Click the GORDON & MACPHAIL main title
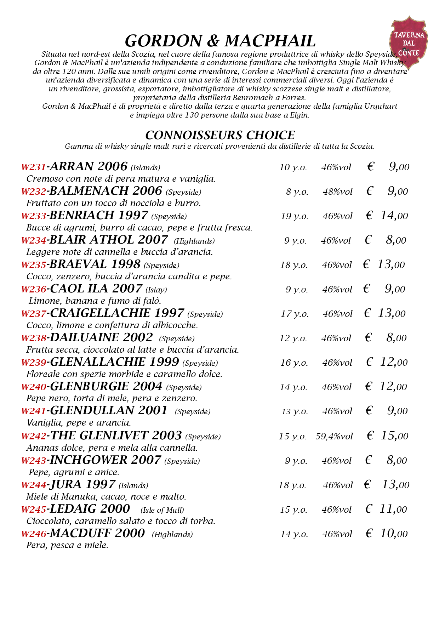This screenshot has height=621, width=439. coord(220,41)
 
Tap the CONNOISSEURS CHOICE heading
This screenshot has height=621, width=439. coord(220,135)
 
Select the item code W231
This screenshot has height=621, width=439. coord(34,167)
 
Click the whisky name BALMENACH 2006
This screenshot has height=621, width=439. coord(106,191)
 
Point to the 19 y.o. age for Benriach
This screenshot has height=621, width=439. coord(294,216)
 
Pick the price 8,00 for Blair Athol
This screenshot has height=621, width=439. coord(396,240)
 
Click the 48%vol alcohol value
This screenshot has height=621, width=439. coord(337,192)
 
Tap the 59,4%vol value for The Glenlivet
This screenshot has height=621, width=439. coord(334,436)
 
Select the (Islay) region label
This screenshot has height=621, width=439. coord(156,290)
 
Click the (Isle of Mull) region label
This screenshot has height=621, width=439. coord(162,510)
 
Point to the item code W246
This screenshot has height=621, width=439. coord(34,534)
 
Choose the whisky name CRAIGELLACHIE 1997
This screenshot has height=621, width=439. coord(117,313)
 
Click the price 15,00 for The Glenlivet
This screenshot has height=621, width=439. coord(394,436)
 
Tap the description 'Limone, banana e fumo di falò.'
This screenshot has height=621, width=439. coord(95,301)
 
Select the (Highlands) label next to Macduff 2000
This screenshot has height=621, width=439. coord(172,534)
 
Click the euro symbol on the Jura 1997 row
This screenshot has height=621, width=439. coord(367,485)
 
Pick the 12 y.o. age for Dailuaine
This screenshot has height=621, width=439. coord(293,338)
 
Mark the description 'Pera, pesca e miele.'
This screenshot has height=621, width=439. coord(67,545)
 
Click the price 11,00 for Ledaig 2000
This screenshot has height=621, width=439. coord(393,509)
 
